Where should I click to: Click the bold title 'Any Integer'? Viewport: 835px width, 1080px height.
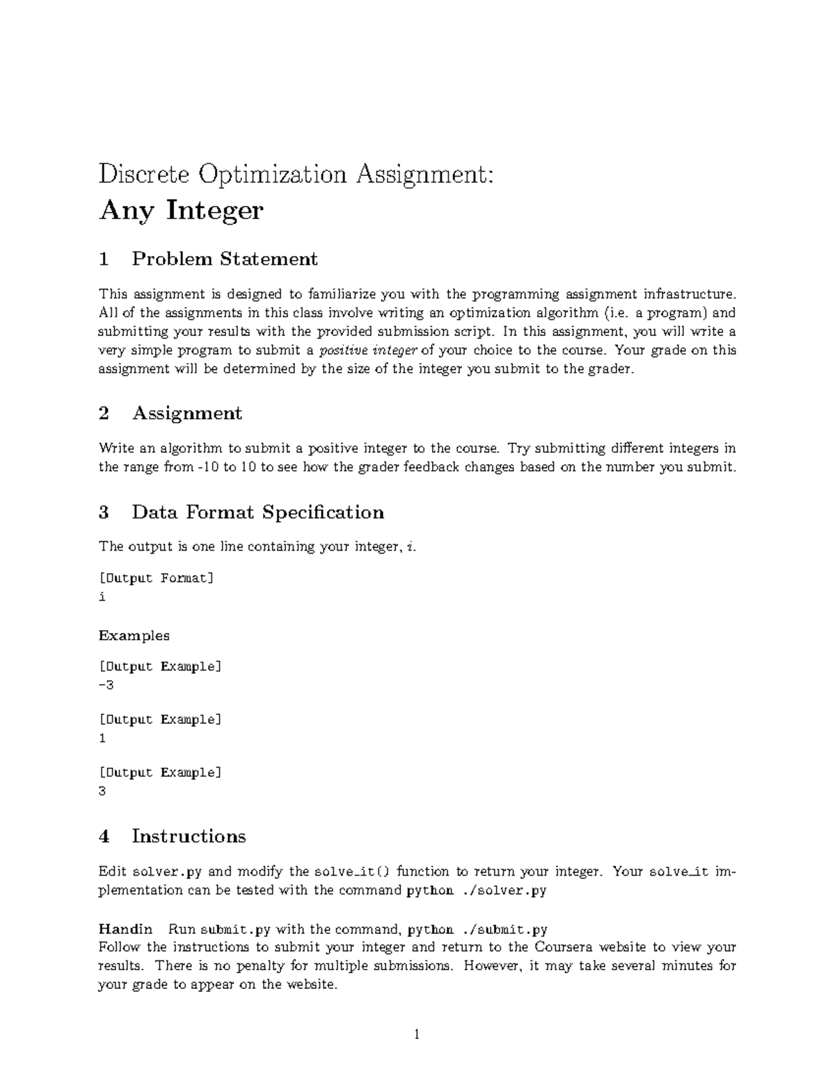[181, 210]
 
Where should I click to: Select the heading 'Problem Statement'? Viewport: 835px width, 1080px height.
[224, 259]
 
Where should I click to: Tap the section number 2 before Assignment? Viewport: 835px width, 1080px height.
[104, 414]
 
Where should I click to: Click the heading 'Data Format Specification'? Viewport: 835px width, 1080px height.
[257, 513]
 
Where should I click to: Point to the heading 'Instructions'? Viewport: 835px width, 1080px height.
[189, 836]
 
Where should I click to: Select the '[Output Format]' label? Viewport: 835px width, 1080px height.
[157, 578]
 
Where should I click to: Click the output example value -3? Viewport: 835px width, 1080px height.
[106, 685]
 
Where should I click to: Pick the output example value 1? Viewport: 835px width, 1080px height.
[102, 739]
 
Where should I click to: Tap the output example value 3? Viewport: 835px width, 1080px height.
[102, 791]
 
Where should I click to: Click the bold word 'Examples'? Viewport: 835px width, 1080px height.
[134, 636]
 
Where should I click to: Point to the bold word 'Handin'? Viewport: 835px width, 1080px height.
[125, 929]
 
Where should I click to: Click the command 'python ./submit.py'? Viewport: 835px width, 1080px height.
[477, 930]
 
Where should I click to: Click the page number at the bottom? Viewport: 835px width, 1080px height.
[417, 1035]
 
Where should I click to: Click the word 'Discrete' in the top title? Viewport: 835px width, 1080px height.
[144, 174]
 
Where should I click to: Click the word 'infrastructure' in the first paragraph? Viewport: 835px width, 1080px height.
[688, 294]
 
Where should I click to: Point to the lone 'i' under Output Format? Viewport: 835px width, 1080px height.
[102, 597]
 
